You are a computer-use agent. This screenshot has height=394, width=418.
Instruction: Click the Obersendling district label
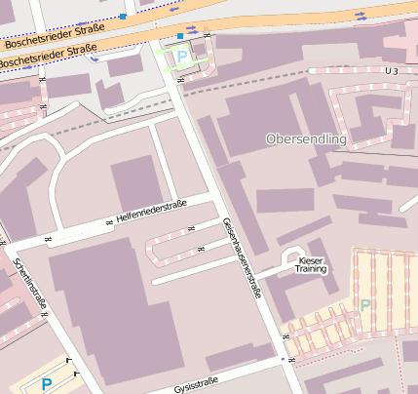coord(306,139)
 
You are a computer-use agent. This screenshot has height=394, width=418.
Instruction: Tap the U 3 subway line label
coord(392,71)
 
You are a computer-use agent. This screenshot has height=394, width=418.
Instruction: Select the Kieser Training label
coord(312,265)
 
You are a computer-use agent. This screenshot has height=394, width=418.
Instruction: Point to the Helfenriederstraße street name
coord(150,212)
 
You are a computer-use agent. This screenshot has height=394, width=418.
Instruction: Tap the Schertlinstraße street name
coord(30,284)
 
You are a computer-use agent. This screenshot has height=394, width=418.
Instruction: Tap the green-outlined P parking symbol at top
coord(182,58)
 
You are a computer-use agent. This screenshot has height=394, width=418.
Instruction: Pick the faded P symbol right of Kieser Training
coord(365,305)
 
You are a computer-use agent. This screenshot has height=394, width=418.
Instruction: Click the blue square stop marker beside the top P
coord(180,36)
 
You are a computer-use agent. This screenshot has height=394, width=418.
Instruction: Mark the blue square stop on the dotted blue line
coord(123,16)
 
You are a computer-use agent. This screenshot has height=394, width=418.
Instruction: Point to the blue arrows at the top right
coord(361,14)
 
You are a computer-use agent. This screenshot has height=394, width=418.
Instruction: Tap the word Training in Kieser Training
coord(312,269)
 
